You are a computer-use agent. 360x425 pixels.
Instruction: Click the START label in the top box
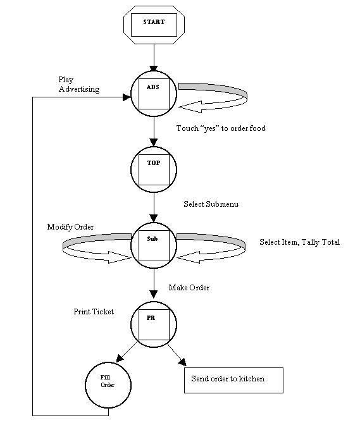coord(154,22)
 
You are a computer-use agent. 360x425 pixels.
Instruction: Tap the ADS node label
coord(153,87)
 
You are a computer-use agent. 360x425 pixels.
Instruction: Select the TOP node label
coord(154,163)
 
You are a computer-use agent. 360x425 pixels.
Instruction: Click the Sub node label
coord(152,239)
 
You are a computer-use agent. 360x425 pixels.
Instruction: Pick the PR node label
coord(151,318)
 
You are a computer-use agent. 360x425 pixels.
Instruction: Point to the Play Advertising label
coord(79,85)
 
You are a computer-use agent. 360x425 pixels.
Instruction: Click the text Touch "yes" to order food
coord(221,128)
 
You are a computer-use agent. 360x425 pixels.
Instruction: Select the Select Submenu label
coord(211,204)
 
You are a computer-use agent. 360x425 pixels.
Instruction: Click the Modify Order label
coord(70,227)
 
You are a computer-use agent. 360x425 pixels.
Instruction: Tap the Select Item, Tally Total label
coord(299,242)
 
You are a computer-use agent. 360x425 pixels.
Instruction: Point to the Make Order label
coord(189,288)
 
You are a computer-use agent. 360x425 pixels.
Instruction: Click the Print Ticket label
coord(94,312)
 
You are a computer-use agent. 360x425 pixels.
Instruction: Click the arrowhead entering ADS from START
coord(154,68)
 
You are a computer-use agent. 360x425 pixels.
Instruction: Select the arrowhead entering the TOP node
coord(154,142)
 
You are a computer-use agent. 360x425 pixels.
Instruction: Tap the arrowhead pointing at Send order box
coord(183,362)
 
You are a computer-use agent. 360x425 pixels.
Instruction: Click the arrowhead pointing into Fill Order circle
coord(120,359)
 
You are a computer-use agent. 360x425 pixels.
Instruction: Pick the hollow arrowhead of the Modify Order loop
coord(120,257)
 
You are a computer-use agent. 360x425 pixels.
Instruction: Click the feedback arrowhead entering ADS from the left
coord(127,97)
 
